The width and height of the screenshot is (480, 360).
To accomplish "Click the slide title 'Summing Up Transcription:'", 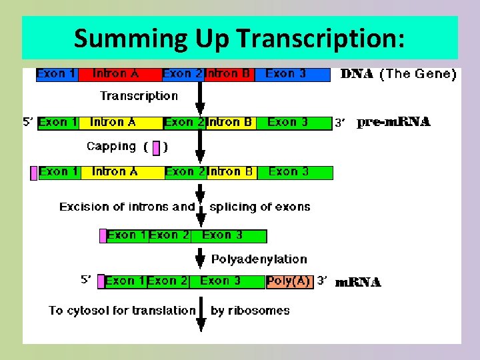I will point(239,39).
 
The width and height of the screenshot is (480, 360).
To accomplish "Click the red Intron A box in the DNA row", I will point(120,74).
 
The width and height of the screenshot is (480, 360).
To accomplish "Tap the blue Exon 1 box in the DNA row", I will point(57,74).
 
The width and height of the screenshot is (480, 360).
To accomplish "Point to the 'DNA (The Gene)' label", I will point(398,74).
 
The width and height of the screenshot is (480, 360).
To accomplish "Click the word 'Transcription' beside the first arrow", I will point(139,96).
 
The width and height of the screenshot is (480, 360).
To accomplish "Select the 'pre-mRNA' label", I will point(394,123).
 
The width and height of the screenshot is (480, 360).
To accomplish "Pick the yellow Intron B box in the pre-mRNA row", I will point(231,123).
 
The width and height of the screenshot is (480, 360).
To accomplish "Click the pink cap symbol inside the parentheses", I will point(156,147).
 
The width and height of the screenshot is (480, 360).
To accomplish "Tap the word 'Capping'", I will point(111,146).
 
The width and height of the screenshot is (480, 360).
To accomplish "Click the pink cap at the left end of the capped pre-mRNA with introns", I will point(34,173).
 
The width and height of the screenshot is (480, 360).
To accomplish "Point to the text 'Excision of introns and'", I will point(127,207).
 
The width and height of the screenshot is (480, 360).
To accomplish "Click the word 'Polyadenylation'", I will point(259,259).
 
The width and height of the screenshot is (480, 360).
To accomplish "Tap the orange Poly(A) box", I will point(289,281).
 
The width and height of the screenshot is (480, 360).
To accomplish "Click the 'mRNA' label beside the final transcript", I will point(358,283).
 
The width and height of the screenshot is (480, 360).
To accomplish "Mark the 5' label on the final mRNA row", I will point(87,281).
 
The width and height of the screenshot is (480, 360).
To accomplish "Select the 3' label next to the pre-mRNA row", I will point(341,123).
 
